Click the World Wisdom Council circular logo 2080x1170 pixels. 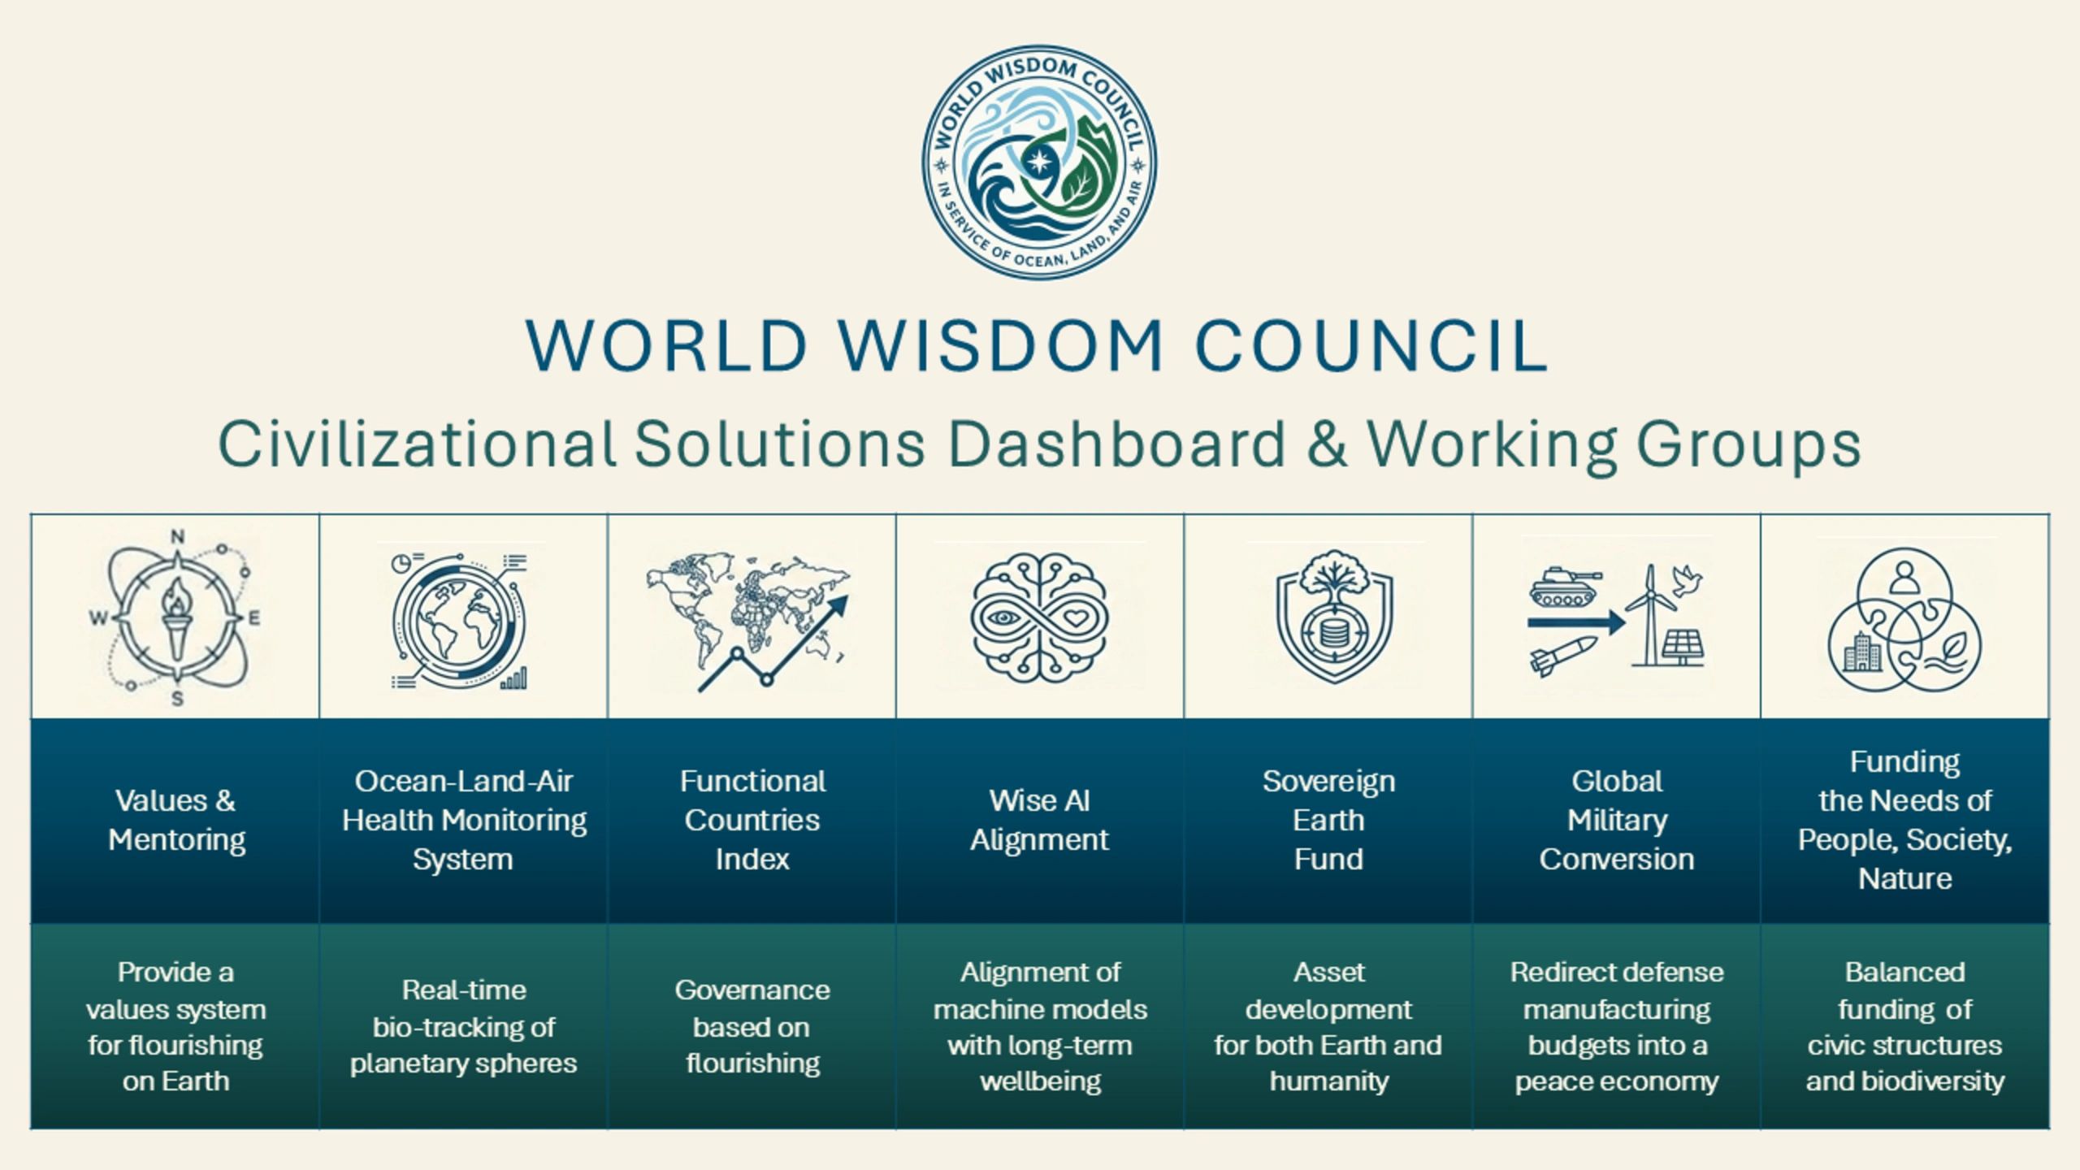tap(1040, 162)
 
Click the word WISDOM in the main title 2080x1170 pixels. tap(1001, 346)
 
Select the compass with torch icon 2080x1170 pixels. tap(176, 617)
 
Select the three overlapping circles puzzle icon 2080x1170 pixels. tap(1904, 620)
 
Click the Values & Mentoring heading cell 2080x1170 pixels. tap(175, 820)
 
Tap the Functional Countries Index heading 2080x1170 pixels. tap(752, 820)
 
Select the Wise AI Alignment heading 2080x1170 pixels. tap(1040, 820)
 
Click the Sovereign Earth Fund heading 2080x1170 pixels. tap(1329, 820)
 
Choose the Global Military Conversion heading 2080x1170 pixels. tap(1617, 820)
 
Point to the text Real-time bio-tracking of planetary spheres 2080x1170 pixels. tap(463, 1027)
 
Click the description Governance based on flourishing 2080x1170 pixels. tap(752, 1027)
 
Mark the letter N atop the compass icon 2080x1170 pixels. tap(178, 536)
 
